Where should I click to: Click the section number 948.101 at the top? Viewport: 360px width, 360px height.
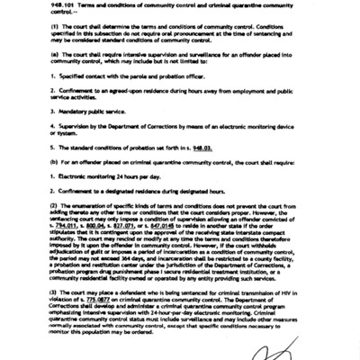38,6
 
